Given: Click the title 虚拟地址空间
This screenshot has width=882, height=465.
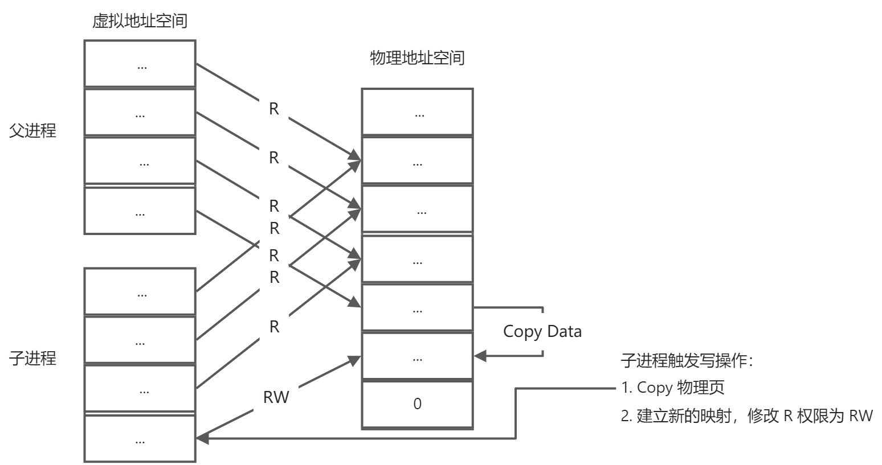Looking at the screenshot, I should tap(140, 22).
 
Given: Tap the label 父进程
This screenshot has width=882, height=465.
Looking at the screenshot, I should tap(33, 131).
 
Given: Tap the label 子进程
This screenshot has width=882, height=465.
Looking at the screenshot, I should tap(33, 359).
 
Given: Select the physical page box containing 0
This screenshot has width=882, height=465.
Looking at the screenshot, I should tap(417, 404).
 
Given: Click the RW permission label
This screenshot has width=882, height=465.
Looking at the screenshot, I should tap(276, 397).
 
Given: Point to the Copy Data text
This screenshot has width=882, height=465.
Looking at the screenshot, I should tap(542, 332).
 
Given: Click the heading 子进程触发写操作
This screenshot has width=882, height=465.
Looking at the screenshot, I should tap(687, 360).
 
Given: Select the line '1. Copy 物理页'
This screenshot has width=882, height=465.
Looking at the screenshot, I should tap(673, 388).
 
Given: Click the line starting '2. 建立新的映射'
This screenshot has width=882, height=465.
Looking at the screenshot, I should tap(746, 415).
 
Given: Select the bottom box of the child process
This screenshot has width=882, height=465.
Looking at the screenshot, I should tap(140, 438).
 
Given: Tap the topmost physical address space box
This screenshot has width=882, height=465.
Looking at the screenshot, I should tap(417, 112).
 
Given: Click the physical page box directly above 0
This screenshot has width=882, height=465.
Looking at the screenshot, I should tap(417, 357).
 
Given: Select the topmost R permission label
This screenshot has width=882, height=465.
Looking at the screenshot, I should tap(274, 109).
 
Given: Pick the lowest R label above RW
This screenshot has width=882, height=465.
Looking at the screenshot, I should tap(274, 327).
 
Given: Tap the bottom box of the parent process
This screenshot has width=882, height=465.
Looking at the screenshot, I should tap(140, 211).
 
